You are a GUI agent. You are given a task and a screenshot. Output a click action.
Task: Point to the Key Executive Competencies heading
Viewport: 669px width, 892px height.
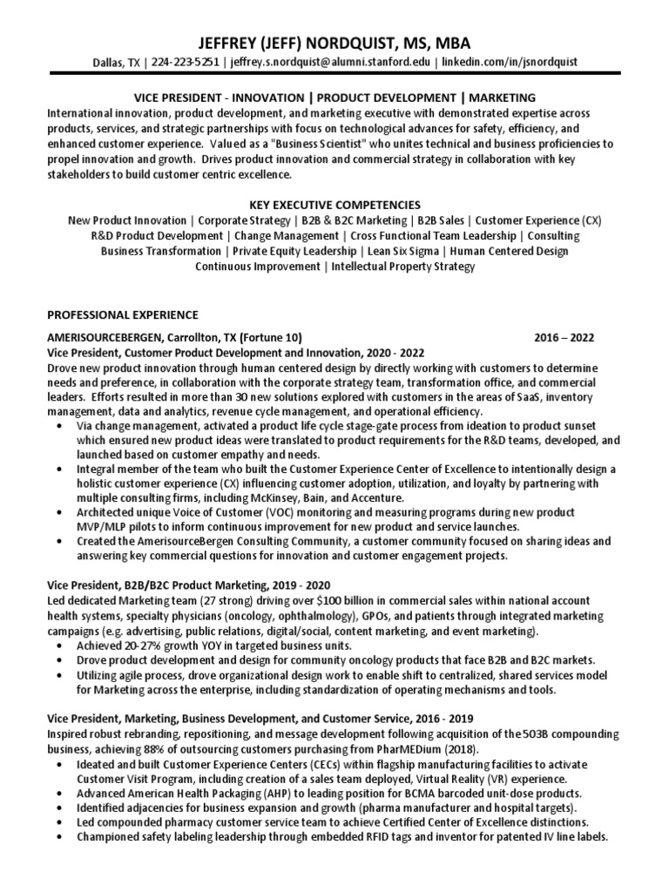pyautogui.click(x=335, y=204)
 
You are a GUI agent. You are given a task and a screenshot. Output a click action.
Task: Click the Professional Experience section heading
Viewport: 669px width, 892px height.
pyautogui.click(x=122, y=314)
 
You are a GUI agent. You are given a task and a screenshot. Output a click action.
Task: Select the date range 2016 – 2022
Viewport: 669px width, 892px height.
pyautogui.click(x=564, y=338)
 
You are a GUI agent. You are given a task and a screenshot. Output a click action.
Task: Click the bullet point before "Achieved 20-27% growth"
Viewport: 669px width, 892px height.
pyautogui.click(x=58, y=645)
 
